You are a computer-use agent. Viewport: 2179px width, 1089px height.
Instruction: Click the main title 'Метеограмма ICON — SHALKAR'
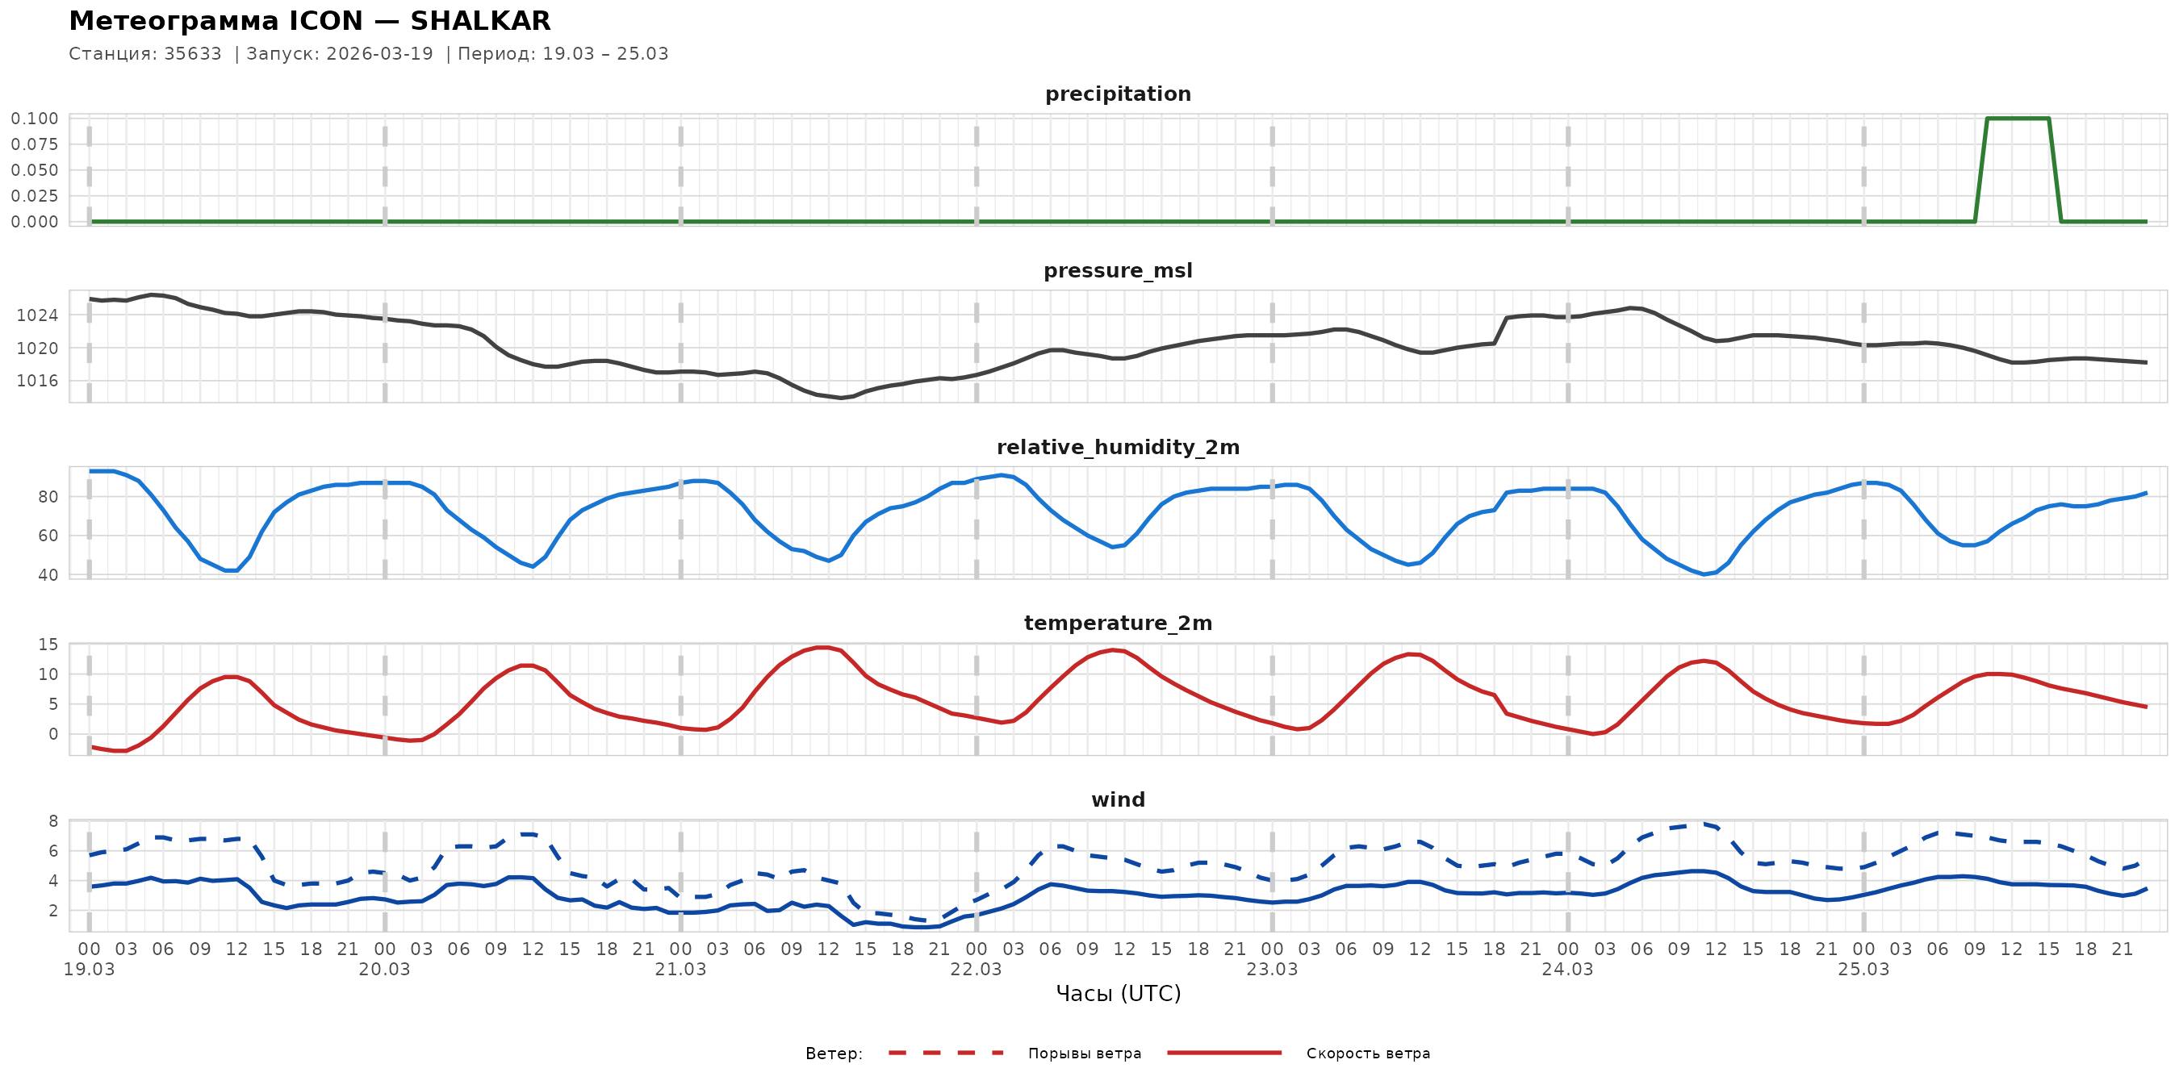coord(310,20)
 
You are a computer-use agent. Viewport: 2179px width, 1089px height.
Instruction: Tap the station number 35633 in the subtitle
coord(193,54)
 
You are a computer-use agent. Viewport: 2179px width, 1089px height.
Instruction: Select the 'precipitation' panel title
coord(1118,94)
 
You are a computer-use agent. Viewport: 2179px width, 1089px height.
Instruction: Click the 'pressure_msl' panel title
coord(1118,270)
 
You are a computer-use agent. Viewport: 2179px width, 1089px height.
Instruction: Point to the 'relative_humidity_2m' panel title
coord(1118,447)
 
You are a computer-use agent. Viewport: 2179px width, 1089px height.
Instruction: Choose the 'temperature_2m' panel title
coord(1118,623)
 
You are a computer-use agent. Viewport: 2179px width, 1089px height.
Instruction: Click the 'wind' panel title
coord(1118,800)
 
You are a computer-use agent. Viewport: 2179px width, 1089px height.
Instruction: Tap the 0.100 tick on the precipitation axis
coord(35,119)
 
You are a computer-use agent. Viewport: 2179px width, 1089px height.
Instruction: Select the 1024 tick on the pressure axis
coord(37,315)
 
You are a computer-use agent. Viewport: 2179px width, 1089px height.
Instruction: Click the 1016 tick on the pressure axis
coord(37,381)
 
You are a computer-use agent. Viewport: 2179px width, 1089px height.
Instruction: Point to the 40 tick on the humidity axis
coord(48,575)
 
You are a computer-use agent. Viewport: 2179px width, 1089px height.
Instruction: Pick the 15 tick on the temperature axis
coord(48,645)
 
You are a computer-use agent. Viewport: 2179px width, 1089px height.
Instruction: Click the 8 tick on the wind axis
coord(53,821)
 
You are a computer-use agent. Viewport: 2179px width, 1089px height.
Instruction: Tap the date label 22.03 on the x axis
coord(976,969)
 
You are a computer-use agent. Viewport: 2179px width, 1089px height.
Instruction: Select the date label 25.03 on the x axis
coord(1863,969)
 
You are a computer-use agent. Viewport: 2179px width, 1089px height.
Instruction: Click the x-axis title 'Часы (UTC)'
coord(1118,994)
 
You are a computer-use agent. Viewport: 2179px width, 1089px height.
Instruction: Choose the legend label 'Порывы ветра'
coord(1085,1054)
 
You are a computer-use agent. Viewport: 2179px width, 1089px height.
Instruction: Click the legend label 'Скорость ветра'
coord(1368,1054)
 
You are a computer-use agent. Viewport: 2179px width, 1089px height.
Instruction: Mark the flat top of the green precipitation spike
coord(2018,119)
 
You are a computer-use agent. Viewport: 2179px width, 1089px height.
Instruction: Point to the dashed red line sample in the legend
coord(946,1053)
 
